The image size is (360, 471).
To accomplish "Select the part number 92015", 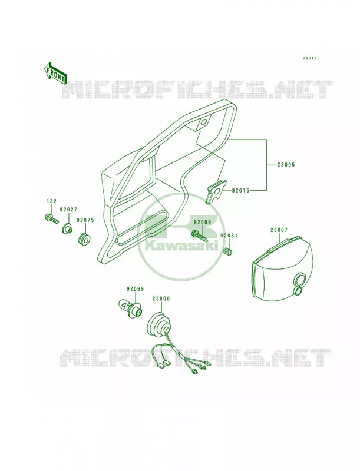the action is (240, 190).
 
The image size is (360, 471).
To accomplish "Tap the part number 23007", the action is (279, 230).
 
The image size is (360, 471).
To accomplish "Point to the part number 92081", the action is (229, 235).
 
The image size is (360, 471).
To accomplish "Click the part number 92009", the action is (203, 223).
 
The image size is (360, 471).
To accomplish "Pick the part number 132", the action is (51, 201).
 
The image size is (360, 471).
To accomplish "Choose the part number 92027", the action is (68, 210).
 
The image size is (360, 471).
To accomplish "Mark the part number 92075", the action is (85, 220).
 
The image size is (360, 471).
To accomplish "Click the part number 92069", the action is (136, 289).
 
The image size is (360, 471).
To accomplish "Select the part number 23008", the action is (161, 298).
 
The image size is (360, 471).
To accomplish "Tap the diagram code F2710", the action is (309, 58).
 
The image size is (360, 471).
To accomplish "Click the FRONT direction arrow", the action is (55, 73).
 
